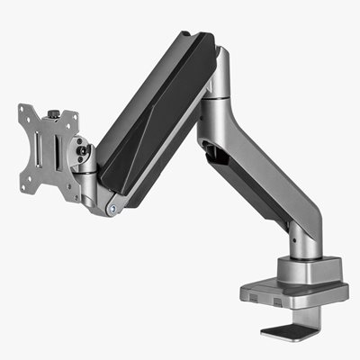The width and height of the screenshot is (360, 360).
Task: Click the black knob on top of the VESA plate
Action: (x=53, y=114)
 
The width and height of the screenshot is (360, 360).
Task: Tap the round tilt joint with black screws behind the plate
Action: (x=83, y=156)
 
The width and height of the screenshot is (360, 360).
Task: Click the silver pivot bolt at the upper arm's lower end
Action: (x=112, y=210)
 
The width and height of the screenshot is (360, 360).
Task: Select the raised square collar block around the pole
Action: (x=308, y=269)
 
